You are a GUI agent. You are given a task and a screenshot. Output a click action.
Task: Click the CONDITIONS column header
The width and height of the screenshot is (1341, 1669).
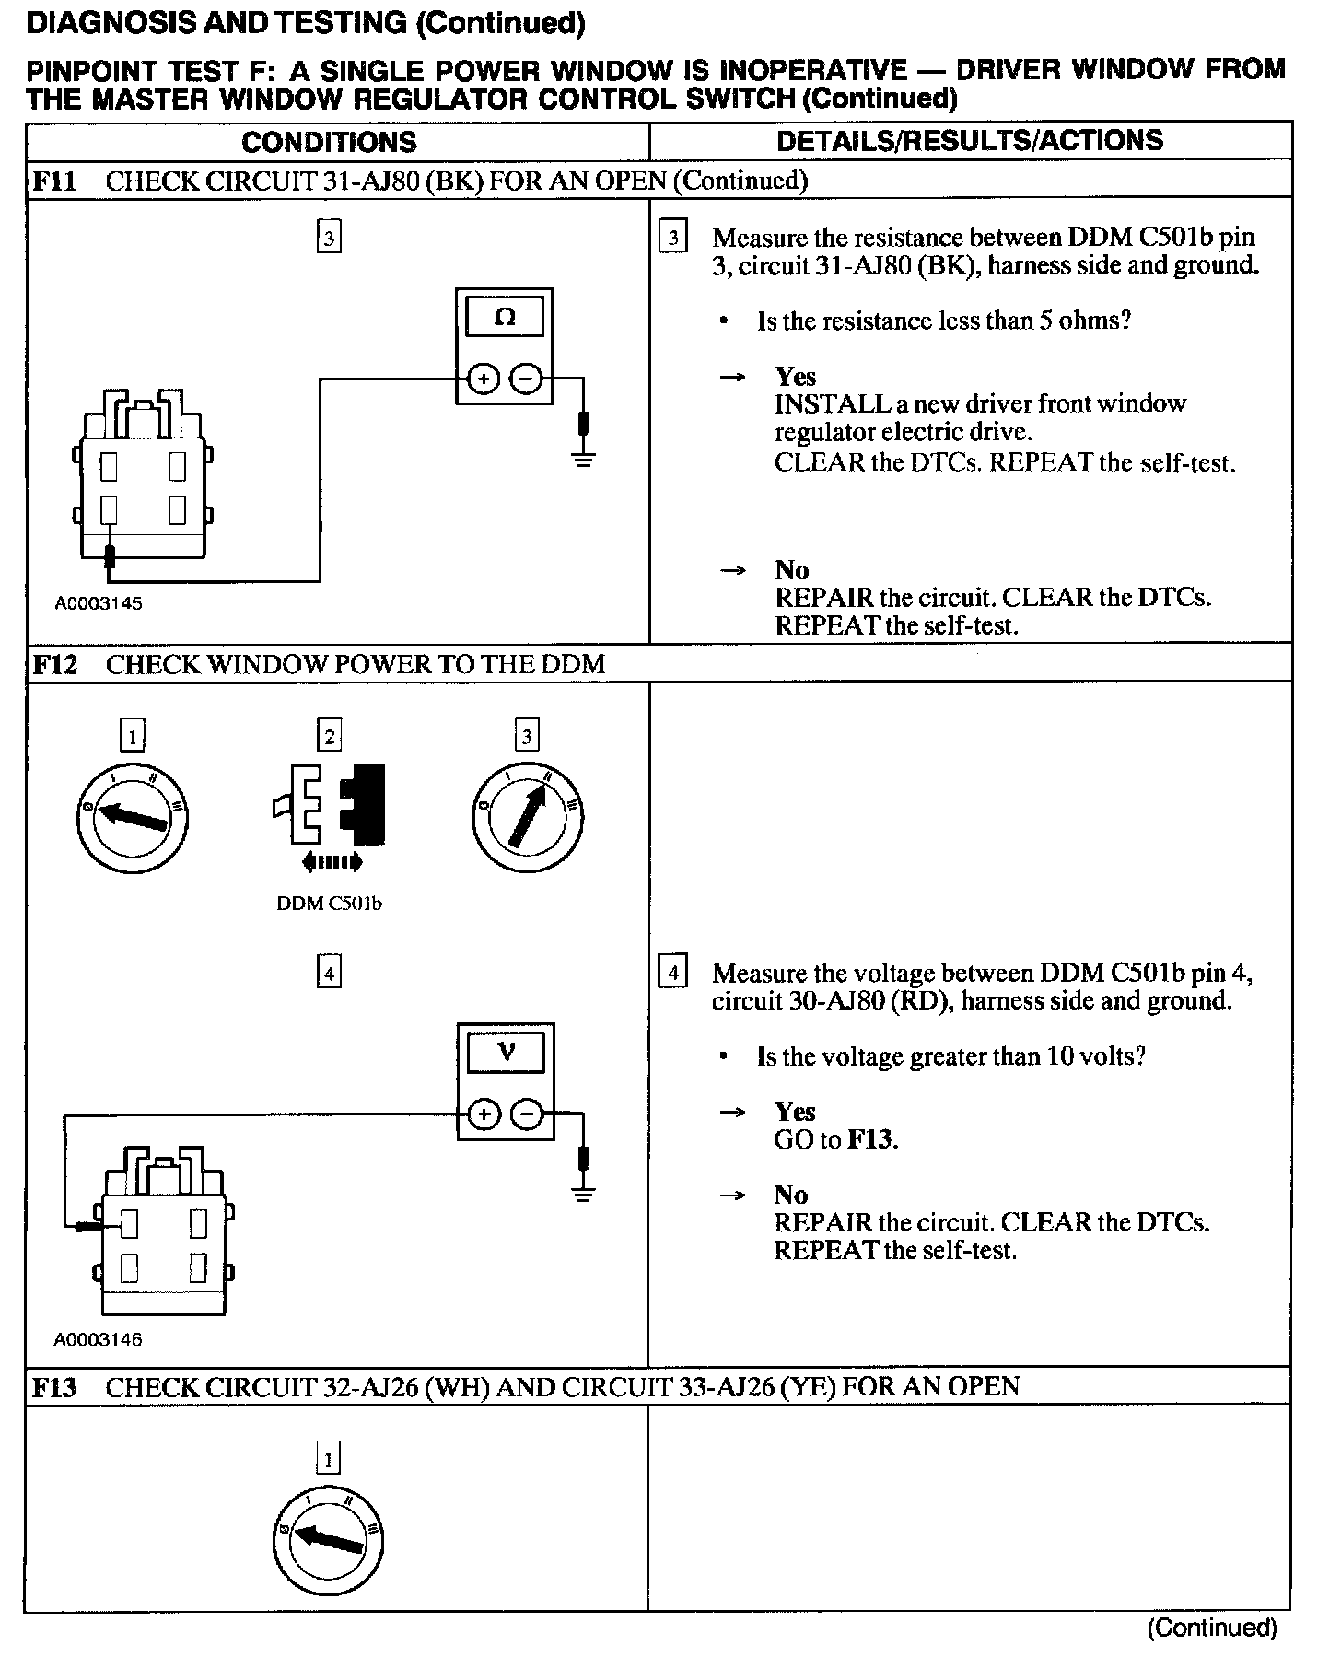[329, 142]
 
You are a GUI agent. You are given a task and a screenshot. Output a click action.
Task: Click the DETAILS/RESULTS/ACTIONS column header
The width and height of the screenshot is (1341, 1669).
[969, 140]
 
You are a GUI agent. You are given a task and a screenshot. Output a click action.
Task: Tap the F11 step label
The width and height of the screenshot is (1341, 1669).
[54, 181]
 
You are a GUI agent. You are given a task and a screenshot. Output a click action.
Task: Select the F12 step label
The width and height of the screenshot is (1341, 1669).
[54, 664]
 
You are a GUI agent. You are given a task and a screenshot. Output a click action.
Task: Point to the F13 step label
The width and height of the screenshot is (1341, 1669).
[54, 1386]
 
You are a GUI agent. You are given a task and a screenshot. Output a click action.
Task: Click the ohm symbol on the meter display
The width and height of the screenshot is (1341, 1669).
[505, 318]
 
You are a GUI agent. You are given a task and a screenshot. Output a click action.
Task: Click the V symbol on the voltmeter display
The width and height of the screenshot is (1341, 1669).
[507, 1052]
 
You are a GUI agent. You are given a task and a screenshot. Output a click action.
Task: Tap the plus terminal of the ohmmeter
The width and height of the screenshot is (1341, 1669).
[483, 379]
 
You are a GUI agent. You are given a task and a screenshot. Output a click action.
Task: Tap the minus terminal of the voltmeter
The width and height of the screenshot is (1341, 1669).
[528, 1115]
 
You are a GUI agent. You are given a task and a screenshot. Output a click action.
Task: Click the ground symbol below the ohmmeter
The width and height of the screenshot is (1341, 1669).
[583, 458]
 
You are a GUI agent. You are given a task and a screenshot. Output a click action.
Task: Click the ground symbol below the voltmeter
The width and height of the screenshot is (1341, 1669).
[583, 1194]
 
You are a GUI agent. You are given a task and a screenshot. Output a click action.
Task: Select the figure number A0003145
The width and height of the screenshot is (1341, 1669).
[99, 604]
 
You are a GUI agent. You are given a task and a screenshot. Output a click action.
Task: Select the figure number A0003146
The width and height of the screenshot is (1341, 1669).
[99, 1340]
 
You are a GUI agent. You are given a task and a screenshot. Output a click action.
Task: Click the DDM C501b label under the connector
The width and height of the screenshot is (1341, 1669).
[329, 904]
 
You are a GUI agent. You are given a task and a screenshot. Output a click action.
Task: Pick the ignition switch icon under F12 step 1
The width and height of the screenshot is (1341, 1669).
[133, 817]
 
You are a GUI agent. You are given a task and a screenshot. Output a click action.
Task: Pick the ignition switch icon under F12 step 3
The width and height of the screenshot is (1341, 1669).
[526, 817]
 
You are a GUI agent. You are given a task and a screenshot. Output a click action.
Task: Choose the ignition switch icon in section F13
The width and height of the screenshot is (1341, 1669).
[329, 1540]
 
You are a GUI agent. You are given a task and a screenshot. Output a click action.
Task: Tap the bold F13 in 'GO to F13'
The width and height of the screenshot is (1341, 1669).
[870, 1140]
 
